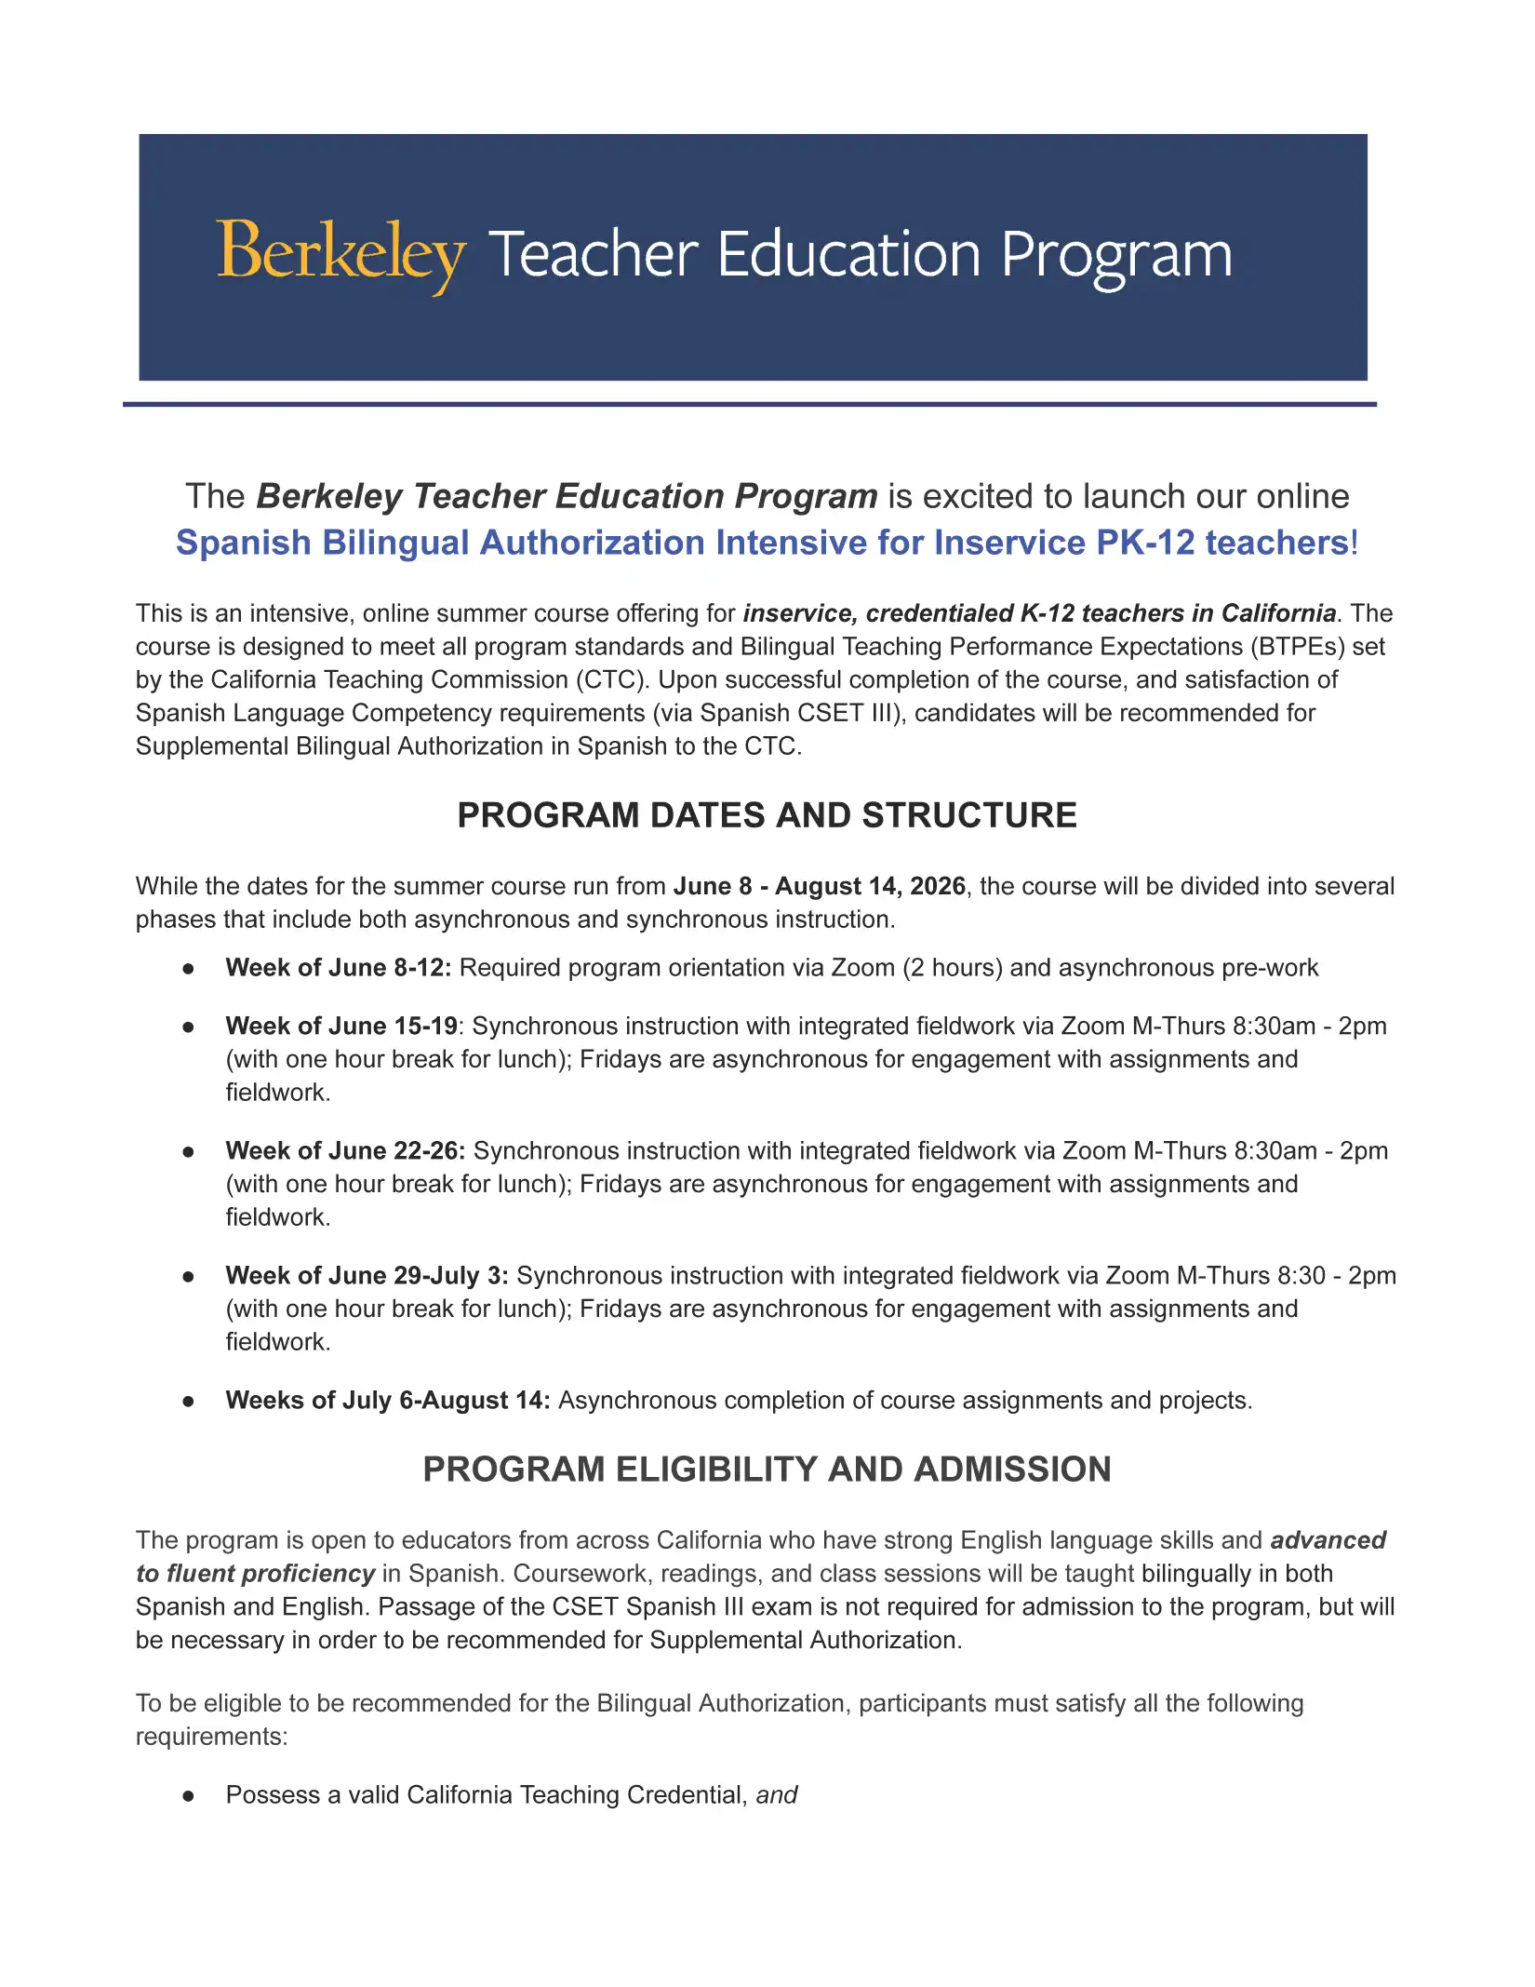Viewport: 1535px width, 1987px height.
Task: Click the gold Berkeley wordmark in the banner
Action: pos(340,253)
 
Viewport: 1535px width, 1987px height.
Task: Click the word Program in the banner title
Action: pos(1115,255)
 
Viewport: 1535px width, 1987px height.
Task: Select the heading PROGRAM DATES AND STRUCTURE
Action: pos(767,815)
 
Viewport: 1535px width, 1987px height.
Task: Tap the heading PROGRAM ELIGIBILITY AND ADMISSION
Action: pos(767,1470)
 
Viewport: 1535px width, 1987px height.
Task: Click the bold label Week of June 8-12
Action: pos(338,968)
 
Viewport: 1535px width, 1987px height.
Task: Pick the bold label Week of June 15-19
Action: pos(340,1027)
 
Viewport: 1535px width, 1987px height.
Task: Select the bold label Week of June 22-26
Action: pos(344,1151)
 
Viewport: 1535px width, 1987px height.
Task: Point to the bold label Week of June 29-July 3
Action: pos(367,1276)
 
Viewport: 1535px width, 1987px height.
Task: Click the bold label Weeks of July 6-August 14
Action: pos(387,1401)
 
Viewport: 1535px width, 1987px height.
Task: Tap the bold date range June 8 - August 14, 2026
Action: pos(819,886)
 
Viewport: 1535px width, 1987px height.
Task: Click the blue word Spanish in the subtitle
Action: pos(243,544)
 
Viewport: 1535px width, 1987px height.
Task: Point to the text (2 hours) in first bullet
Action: pos(952,968)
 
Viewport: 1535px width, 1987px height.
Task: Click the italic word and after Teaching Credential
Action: pos(777,1795)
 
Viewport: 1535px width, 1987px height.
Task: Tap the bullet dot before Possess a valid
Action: pos(189,1796)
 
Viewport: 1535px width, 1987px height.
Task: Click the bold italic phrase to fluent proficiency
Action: pos(255,1574)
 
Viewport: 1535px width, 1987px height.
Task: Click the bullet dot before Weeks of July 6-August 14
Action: pos(189,1402)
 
